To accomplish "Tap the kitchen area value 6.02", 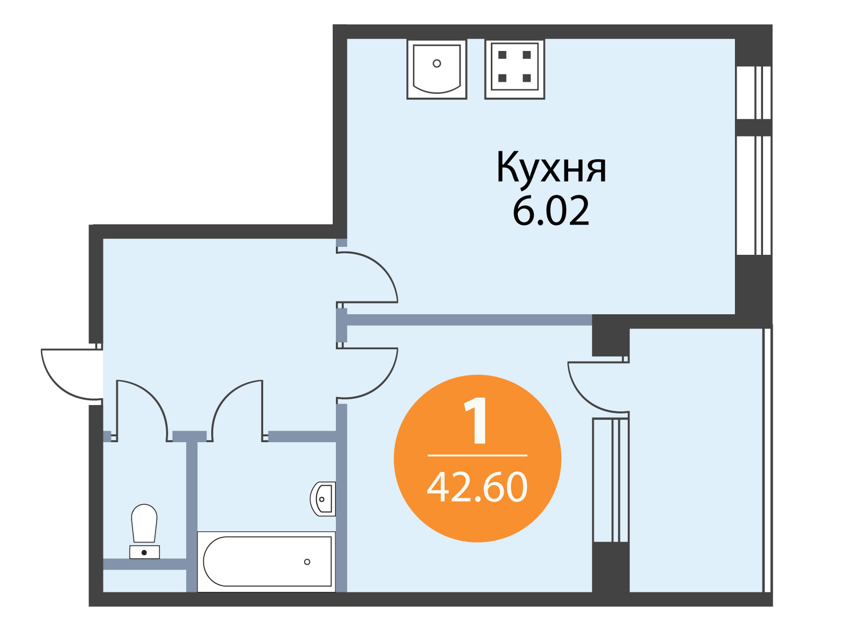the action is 551,210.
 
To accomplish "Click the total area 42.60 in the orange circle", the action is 477,487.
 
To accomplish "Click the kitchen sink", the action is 437,69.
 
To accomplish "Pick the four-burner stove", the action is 514,69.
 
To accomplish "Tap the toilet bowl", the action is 144,523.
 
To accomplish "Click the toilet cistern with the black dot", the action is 144,552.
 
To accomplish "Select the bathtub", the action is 266,562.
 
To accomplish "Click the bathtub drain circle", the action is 307,562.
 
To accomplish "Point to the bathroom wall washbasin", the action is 323,499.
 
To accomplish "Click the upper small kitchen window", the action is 754,92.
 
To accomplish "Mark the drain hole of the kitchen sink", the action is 437,63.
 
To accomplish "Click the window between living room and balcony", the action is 611,480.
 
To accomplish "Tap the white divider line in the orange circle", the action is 477,455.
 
